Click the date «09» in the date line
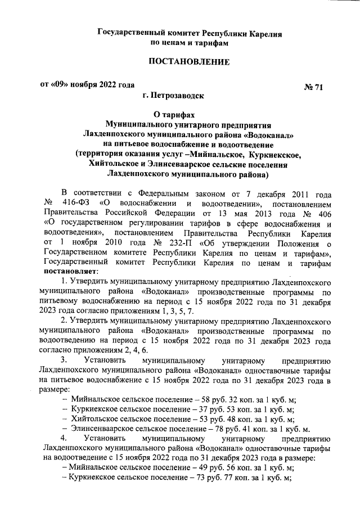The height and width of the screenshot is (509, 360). pyautogui.click(x=60, y=85)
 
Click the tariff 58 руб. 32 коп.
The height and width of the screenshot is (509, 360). pyautogui.click(x=224, y=398)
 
